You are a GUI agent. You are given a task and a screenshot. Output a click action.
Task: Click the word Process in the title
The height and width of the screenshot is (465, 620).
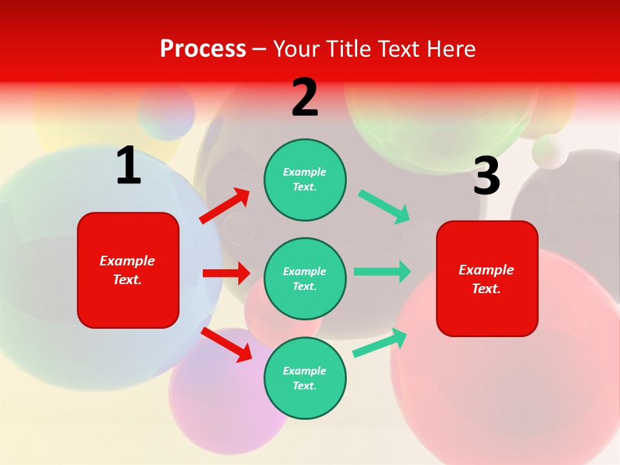(x=203, y=48)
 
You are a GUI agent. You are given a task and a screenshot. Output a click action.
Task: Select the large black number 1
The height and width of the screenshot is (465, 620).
(x=129, y=166)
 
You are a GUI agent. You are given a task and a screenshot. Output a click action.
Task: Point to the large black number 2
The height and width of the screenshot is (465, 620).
(x=305, y=98)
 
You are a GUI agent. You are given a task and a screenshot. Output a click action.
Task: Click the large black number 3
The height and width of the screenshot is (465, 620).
(x=486, y=176)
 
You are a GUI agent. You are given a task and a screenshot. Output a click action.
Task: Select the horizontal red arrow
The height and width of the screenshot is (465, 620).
(x=226, y=273)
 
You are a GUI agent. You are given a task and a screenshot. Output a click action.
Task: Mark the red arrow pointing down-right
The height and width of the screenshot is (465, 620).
(x=227, y=345)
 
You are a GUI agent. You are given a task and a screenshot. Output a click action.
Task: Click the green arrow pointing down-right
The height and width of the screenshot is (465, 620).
(x=384, y=207)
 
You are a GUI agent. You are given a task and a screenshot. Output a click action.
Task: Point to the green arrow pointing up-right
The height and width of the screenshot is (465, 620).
(x=380, y=342)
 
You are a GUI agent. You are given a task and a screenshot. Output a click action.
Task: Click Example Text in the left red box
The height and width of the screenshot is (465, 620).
(x=127, y=270)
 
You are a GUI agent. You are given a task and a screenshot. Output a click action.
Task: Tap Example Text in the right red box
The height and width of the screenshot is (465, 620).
(x=486, y=279)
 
